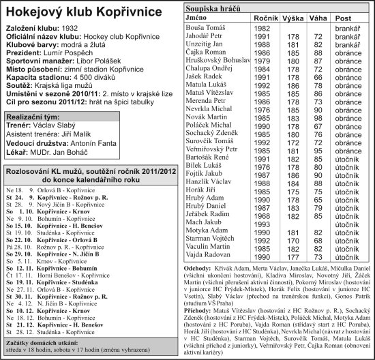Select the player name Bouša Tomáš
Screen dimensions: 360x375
[x=206, y=27]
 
